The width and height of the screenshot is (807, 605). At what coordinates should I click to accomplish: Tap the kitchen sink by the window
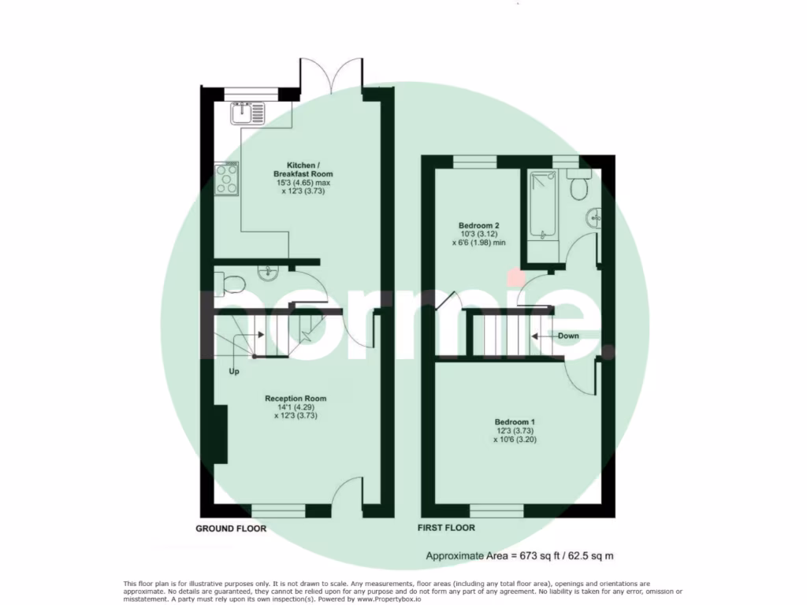pyautogui.click(x=250, y=115)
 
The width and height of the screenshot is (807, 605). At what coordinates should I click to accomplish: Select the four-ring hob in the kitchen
pyautogui.click(x=227, y=178)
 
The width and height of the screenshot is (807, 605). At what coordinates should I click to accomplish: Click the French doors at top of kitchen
pyautogui.click(x=331, y=76)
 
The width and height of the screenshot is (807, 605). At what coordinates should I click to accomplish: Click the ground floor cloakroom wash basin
pyautogui.click(x=268, y=274)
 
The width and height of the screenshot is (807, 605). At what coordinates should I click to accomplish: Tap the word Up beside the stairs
pyautogui.click(x=233, y=370)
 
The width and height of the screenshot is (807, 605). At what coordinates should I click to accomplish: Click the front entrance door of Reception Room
pyautogui.click(x=347, y=496)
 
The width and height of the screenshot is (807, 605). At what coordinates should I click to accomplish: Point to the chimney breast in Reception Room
pyautogui.click(x=220, y=435)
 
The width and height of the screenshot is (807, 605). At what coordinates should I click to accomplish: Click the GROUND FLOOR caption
pyautogui.click(x=231, y=529)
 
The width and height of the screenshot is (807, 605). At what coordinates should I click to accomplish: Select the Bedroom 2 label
pyautogui.click(x=478, y=234)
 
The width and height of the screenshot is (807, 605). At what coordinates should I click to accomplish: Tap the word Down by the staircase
pyautogui.click(x=568, y=336)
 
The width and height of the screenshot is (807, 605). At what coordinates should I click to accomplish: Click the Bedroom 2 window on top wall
pyautogui.click(x=474, y=161)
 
